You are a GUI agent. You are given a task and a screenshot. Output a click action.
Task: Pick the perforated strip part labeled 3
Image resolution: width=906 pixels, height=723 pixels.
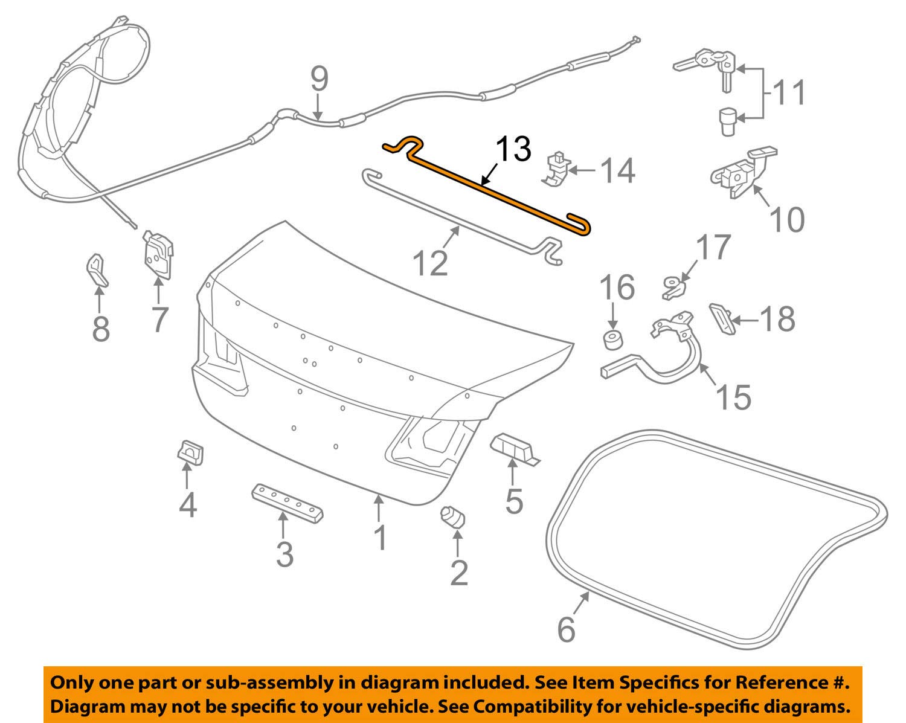coord(287,503)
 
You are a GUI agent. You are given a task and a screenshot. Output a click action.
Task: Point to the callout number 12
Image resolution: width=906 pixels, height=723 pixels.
coord(430,263)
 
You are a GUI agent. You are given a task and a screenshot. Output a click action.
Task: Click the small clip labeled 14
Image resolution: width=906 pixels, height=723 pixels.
coord(557,168)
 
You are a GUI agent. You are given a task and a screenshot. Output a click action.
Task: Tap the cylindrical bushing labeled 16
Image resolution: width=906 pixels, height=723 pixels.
coord(613,339)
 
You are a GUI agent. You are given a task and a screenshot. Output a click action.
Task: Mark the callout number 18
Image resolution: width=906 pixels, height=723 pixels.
coord(777,318)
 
